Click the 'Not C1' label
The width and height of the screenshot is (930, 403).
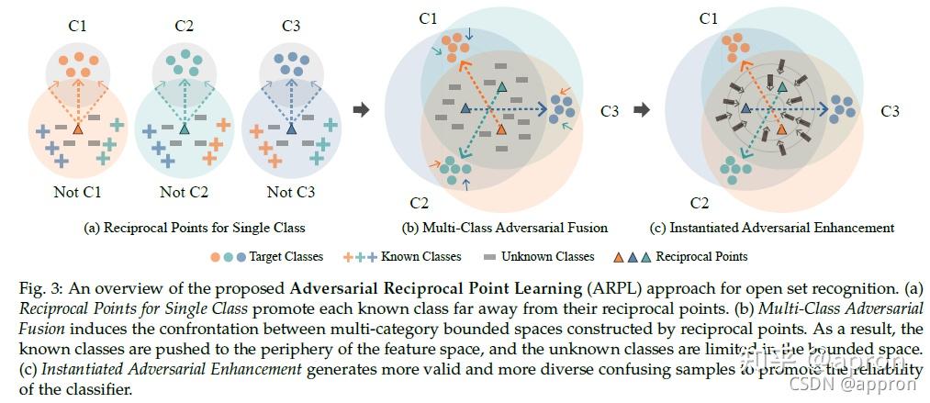pos(79,192)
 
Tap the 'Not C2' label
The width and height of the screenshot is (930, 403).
pos(185,192)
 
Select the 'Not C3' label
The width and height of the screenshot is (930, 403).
pos(291,192)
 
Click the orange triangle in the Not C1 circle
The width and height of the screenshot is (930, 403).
pos(78,130)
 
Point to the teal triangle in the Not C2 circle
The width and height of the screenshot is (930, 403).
pos(185,130)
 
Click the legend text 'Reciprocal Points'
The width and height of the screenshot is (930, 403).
pos(700,257)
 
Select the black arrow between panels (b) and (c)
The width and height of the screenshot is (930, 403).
pos(644,110)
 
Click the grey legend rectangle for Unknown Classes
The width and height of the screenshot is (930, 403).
pos(490,257)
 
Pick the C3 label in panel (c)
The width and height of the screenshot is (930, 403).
pos(890,111)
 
